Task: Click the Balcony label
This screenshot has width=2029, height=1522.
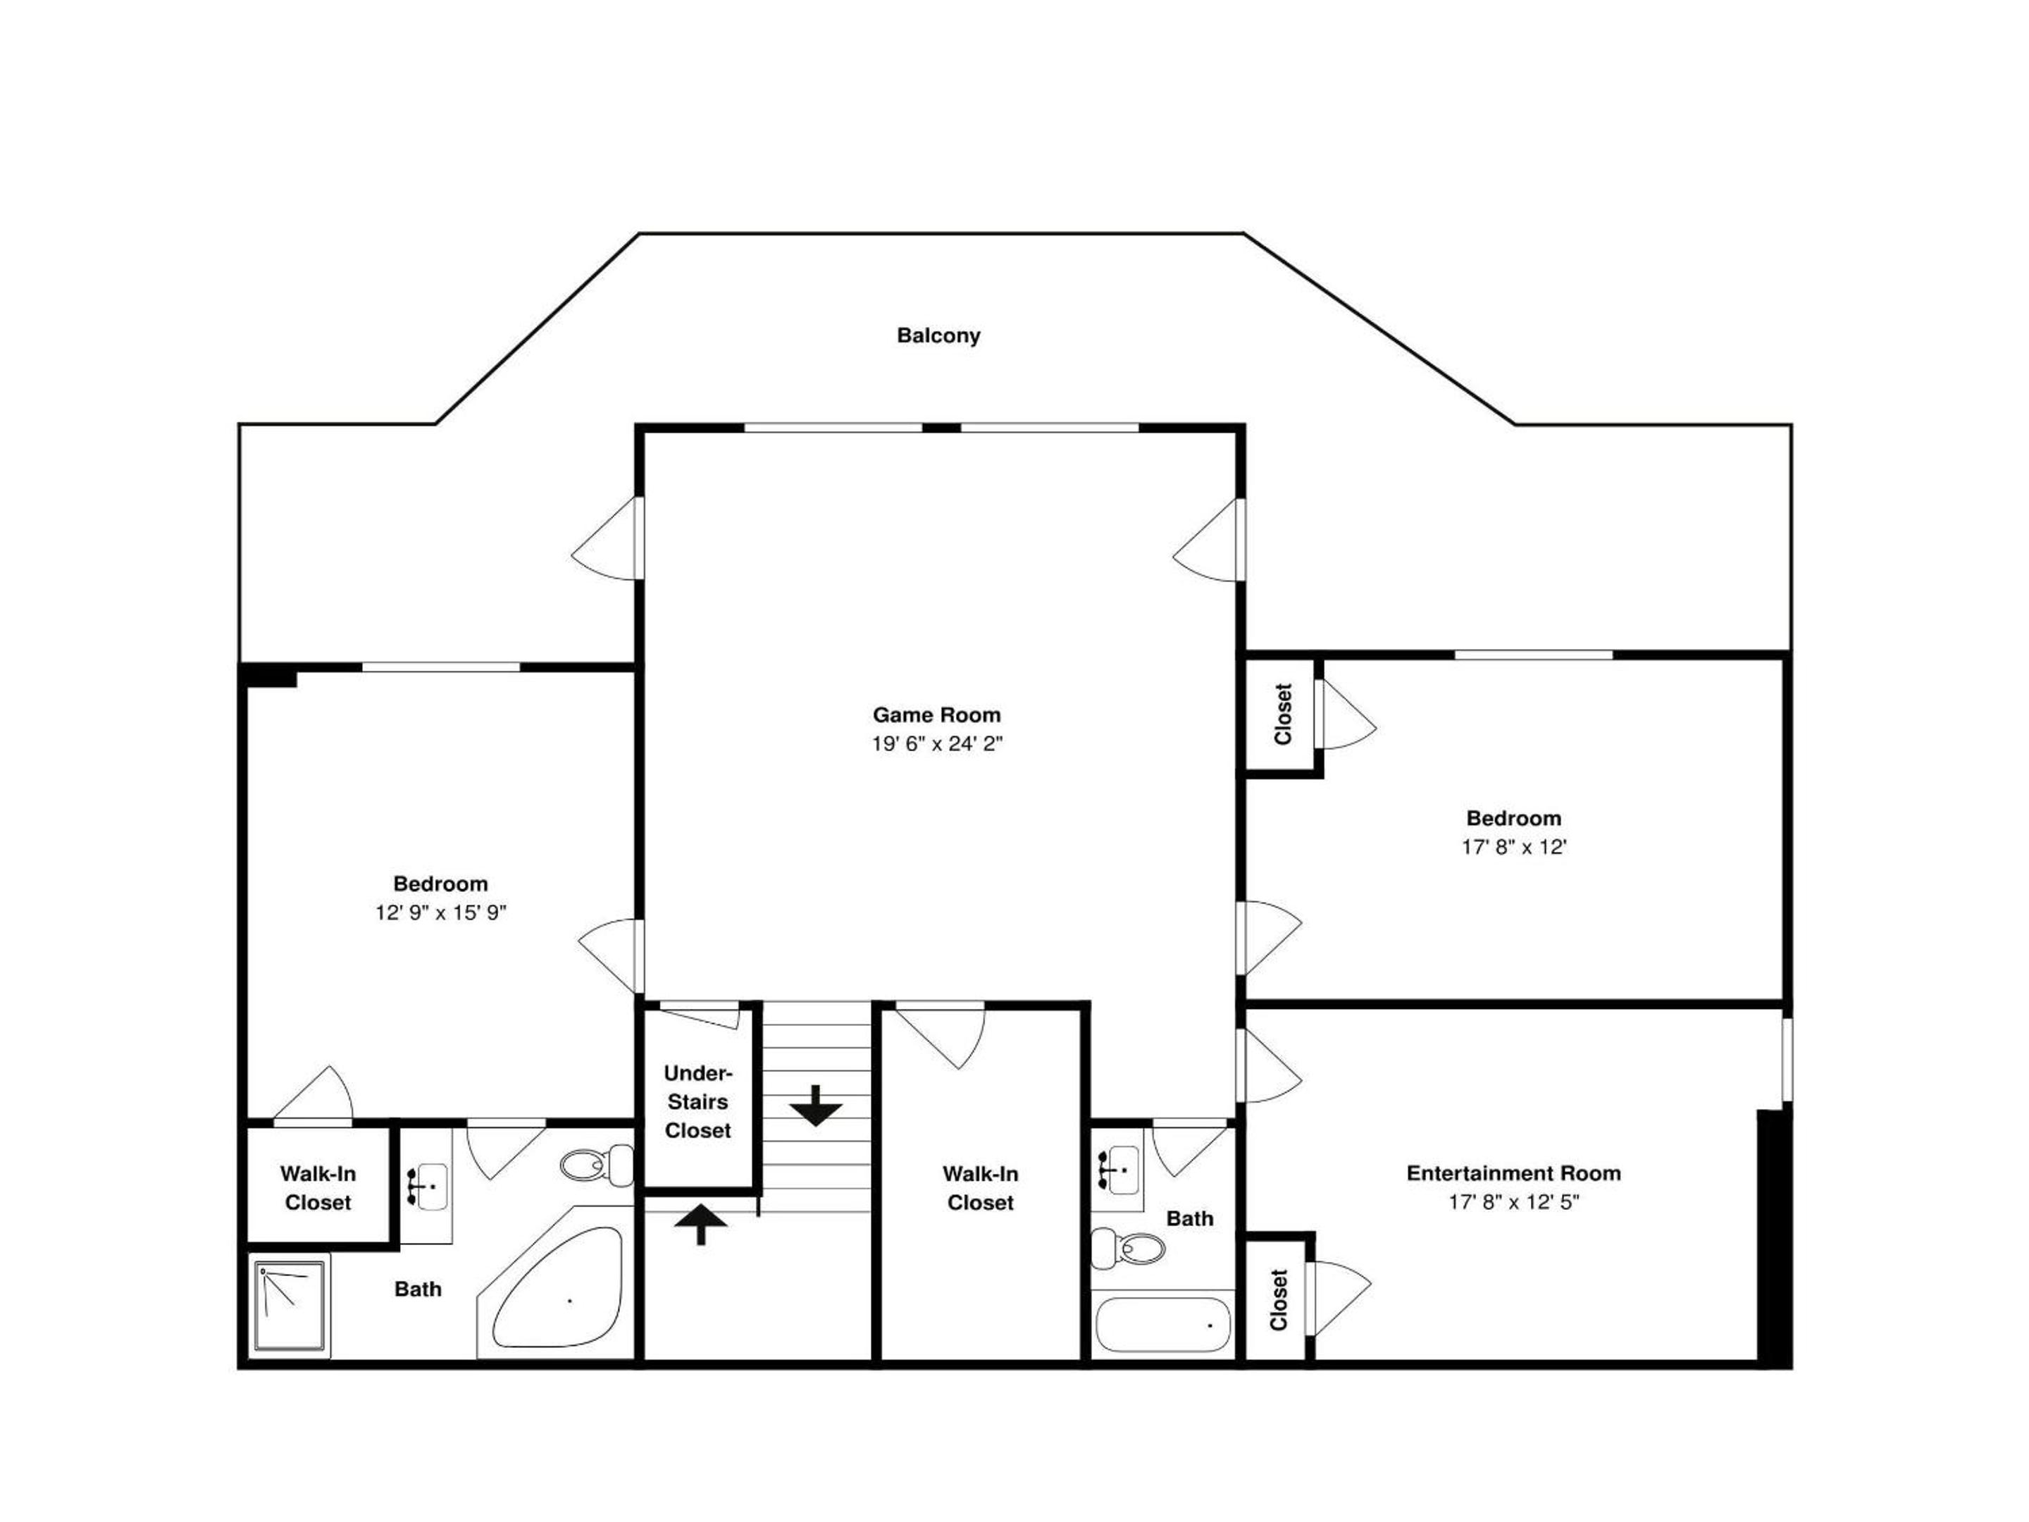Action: click(938, 336)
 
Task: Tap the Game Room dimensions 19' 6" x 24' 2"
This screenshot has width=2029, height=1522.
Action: click(936, 743)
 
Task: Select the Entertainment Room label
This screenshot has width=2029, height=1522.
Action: click(1513, 1173)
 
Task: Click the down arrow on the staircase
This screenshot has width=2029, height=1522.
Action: click(815, 1106)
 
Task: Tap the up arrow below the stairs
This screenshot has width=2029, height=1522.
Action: click(701, 1225)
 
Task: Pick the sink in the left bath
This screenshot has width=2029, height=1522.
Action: click(428, 1186)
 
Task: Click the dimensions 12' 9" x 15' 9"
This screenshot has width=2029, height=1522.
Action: click(441, 912)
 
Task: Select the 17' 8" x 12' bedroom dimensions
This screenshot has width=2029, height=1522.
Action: click(1513, 847)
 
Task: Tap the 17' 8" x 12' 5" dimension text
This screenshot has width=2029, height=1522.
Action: click(1513, 1202)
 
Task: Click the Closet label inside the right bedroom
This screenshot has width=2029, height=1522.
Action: click(1283, 714)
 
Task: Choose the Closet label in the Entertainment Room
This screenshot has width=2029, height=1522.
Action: click(1279, 1300)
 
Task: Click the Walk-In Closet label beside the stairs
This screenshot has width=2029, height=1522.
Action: click(981, 1188)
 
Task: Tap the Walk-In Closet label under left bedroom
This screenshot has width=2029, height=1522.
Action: click(318, 1188)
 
